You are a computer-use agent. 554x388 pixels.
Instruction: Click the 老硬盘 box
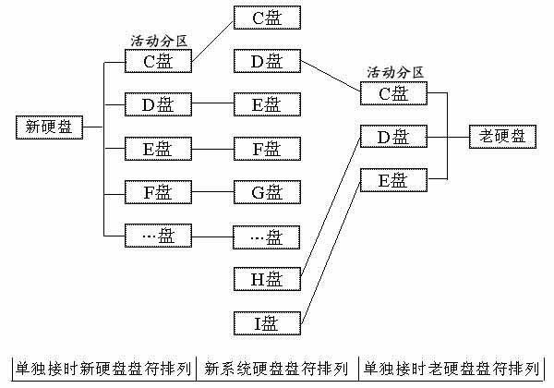(501, 137)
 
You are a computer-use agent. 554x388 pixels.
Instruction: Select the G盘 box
(266, 192)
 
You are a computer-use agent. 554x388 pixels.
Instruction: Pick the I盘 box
(266, 323)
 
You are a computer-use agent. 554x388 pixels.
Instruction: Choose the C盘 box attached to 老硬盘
(392, 93)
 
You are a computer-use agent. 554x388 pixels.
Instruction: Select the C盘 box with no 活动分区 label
(266, 17)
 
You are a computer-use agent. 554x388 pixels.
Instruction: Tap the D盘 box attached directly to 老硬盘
(392, 137)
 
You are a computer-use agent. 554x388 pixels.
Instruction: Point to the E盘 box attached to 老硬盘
(392, 179)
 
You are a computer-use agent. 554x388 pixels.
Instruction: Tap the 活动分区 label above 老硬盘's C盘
(394, 72)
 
